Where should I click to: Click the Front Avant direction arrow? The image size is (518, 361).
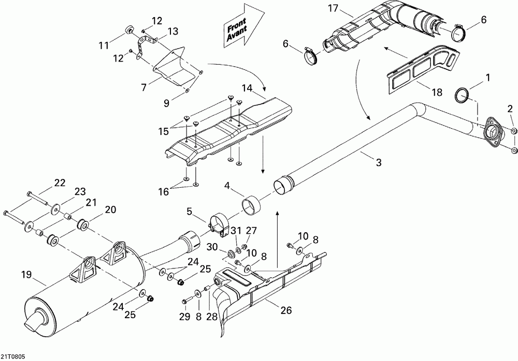[244, 26]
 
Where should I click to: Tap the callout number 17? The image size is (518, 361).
[333, 8]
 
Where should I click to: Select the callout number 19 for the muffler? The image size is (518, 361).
[27, 275]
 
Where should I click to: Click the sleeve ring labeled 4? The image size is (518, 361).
[251, 205]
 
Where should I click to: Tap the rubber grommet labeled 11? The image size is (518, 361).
[128, 29]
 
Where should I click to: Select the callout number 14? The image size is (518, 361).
[247, 88]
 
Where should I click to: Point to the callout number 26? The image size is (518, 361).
[286, 310]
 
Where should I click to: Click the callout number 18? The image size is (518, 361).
[437, 92]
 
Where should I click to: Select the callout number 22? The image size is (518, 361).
[60, 183]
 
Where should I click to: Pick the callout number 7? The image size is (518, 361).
[143, 87]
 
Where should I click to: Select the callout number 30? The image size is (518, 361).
[213, 247]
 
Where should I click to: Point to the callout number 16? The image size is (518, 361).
[164, 191]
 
